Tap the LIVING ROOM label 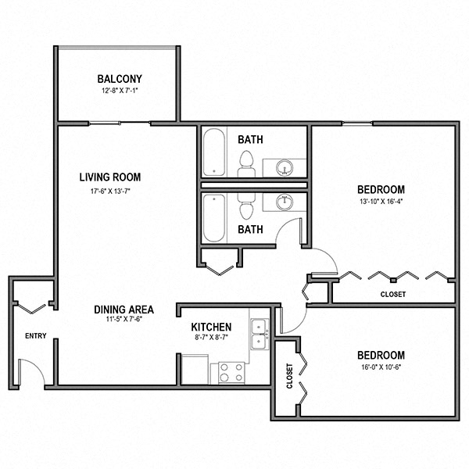click(x=109, y=177)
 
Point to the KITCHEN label click(x=211, y=327)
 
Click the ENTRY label click(x=36, y=336)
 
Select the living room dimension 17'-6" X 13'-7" click(x=109, y=190)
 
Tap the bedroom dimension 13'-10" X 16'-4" click(x=381, y=202)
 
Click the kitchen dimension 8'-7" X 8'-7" click(x=211, y=338)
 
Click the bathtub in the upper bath click(x=214, y=153)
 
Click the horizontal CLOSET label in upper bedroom click(x=392, y=294)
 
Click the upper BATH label click(x=250, y=140)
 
